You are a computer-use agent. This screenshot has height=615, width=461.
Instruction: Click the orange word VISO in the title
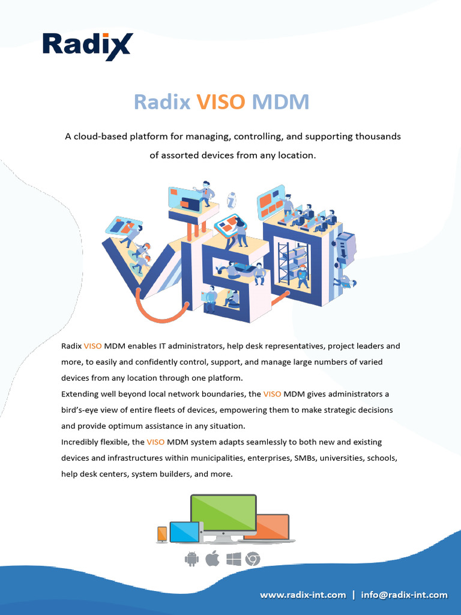(x=221, y=102)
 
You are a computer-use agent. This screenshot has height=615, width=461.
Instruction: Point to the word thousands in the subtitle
(x=378, y=136)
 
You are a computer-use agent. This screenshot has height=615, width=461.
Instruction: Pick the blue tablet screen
(x=184, y=532)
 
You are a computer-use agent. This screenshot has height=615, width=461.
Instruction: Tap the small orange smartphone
(x=162, y=534)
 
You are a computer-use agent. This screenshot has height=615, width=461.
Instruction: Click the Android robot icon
(x=191, y=560)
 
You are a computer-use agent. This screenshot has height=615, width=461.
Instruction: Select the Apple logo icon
(x=212, y=559)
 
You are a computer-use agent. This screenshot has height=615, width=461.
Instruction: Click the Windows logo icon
(x=234, y=560)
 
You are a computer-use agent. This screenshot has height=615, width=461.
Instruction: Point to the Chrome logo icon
(x=253, y=560)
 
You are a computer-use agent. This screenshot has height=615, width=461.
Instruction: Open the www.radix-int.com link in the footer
(x=303, y=595)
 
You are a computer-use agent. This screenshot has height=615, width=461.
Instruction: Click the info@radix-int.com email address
(x=404, y=595)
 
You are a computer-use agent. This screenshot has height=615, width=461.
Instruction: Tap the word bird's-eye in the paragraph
(x=82, y=410)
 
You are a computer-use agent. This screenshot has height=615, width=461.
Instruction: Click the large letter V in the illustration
(x=135, y=264)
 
